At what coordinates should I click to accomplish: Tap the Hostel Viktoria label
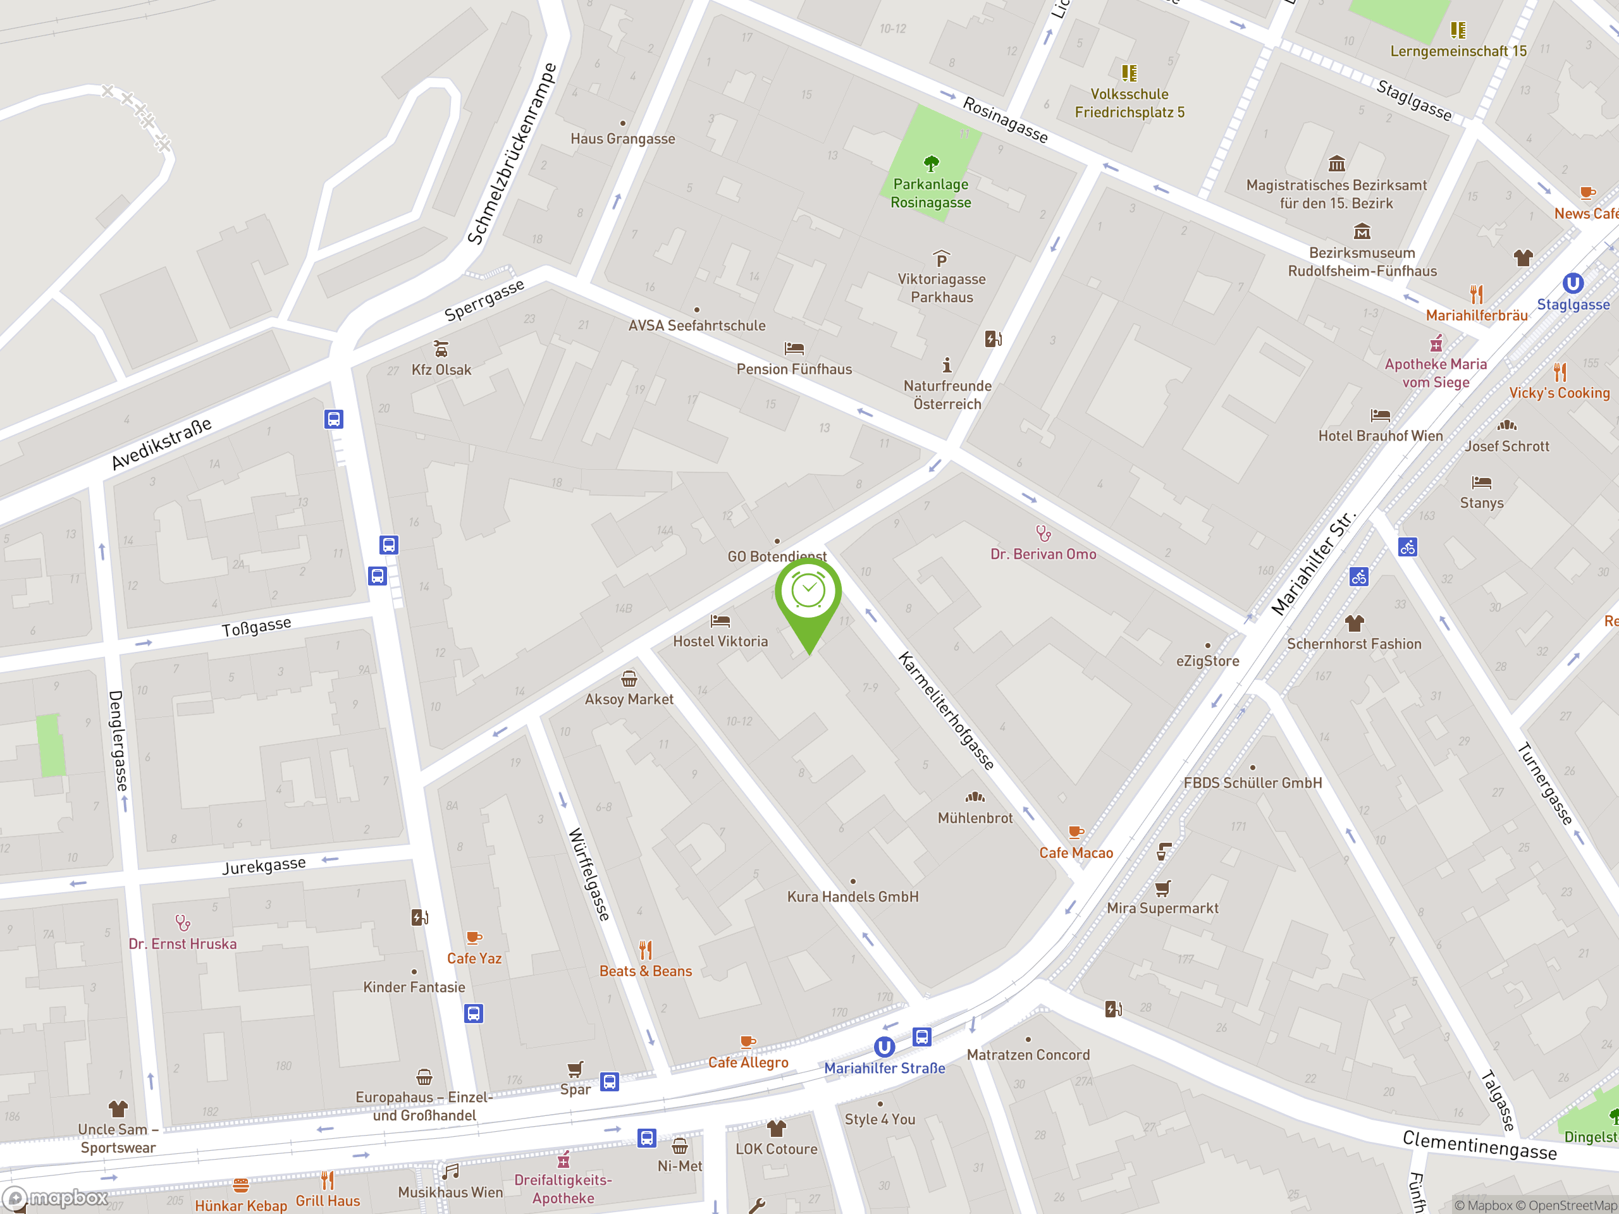pos(720,641)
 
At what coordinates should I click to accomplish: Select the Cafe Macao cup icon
pos(1075,832)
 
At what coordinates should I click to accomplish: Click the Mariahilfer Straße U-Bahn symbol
pos(884,1047)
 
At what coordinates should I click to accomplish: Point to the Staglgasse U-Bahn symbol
pos(1572,283)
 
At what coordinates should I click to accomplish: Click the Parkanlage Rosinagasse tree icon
pos(931,163)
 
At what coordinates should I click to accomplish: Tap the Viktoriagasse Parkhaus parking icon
pos(941,260)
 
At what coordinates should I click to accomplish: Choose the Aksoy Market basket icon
pos(629,679)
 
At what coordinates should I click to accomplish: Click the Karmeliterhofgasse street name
pos(946,711)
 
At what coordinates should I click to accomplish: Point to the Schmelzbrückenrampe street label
pos(512,154)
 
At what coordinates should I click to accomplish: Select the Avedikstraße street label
pos(162,444)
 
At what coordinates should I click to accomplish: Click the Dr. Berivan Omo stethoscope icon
pos(1043,533)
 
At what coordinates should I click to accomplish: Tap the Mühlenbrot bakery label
pos(975,818)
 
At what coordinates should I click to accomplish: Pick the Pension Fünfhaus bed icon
pos(794,348)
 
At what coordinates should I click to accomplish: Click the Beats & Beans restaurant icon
pos(645,950)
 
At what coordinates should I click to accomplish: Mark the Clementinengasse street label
pos(1479,1145)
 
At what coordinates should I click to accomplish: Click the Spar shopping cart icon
pos(576,1070)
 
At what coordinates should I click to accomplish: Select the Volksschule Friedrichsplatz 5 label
pos(1130,103)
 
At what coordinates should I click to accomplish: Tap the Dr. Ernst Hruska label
pos(183,944)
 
